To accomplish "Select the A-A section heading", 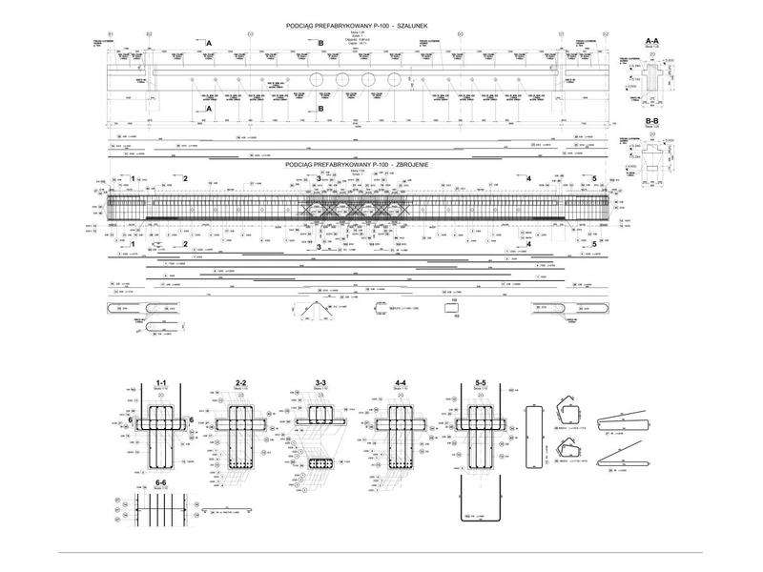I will point(654,41).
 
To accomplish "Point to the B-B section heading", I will point(654,122).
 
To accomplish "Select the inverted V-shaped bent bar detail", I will point(312,309).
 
